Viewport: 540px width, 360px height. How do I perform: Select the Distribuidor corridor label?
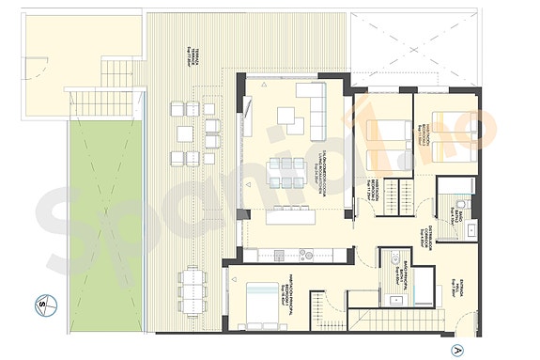click(423, 237)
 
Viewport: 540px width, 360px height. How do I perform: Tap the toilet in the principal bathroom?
click(396, 261)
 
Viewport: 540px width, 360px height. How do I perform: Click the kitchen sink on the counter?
click(306, 252)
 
